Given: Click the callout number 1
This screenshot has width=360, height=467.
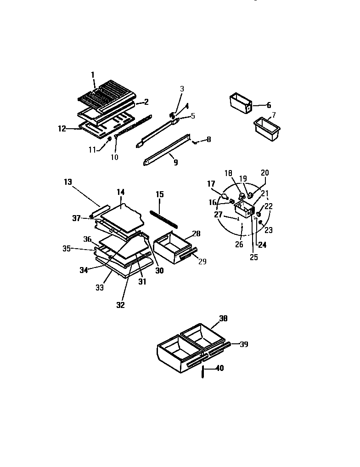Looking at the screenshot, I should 92,74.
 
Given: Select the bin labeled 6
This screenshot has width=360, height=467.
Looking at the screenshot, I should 240,103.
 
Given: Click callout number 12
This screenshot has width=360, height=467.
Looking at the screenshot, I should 62,129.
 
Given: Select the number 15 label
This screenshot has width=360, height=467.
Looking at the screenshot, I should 159,194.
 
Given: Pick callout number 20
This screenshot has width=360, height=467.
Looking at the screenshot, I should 265,173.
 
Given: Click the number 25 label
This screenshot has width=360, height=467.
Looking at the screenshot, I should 254,257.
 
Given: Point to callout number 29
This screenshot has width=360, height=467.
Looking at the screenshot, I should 202,262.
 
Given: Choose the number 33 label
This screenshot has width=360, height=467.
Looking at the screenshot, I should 99,288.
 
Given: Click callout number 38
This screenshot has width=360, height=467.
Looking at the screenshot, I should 224,318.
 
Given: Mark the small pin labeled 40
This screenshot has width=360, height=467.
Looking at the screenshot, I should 202,372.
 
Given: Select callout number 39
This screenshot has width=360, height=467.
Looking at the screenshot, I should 244,344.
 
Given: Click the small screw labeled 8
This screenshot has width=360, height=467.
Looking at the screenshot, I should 195,142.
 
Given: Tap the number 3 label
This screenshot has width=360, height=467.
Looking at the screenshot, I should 182,89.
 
